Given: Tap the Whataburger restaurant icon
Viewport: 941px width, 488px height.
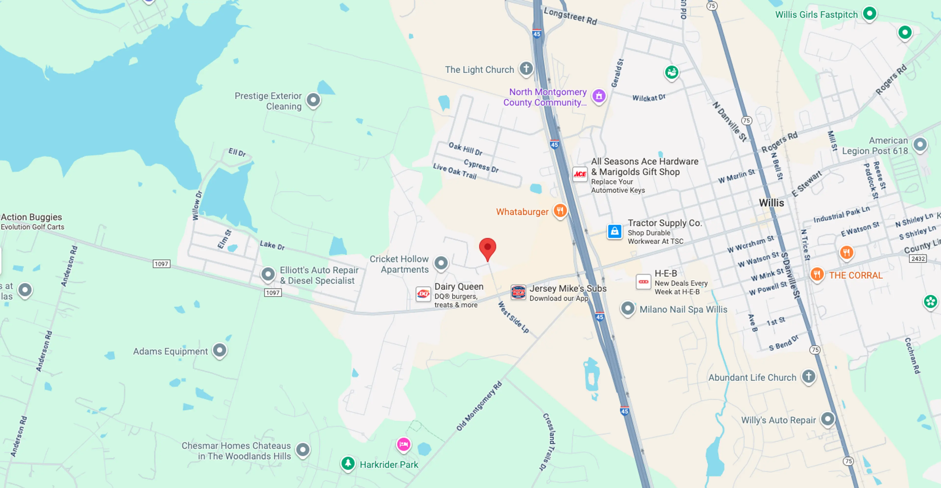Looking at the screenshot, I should (x=560, y=210).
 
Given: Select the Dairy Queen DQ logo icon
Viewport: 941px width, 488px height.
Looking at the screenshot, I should (x=423, y=294).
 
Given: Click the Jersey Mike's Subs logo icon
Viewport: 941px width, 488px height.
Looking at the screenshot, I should (x=518, y=292).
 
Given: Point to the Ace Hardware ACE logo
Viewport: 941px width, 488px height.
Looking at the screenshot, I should (x=580, y=174).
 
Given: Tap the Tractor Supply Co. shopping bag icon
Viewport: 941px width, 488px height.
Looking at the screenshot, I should (x=614, y=231).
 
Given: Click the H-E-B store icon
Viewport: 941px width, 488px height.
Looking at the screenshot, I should (x=643, y=282).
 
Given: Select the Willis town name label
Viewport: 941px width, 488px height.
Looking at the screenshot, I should (x=771, y=203).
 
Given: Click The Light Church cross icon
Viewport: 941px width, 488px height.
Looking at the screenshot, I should (x=526, y=68).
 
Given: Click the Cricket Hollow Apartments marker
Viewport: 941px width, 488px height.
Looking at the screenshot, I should (x=441, y=263).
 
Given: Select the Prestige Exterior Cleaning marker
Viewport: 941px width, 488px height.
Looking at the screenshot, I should (x=313, y=99).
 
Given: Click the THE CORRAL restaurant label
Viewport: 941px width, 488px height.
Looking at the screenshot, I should (x=855, y=275).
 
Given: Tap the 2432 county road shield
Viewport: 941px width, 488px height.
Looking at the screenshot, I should (x=918, y=259).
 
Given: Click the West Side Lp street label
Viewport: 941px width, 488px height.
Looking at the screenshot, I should (x=513, y=317).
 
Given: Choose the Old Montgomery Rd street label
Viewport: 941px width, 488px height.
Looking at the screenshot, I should (x=479, y=406).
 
